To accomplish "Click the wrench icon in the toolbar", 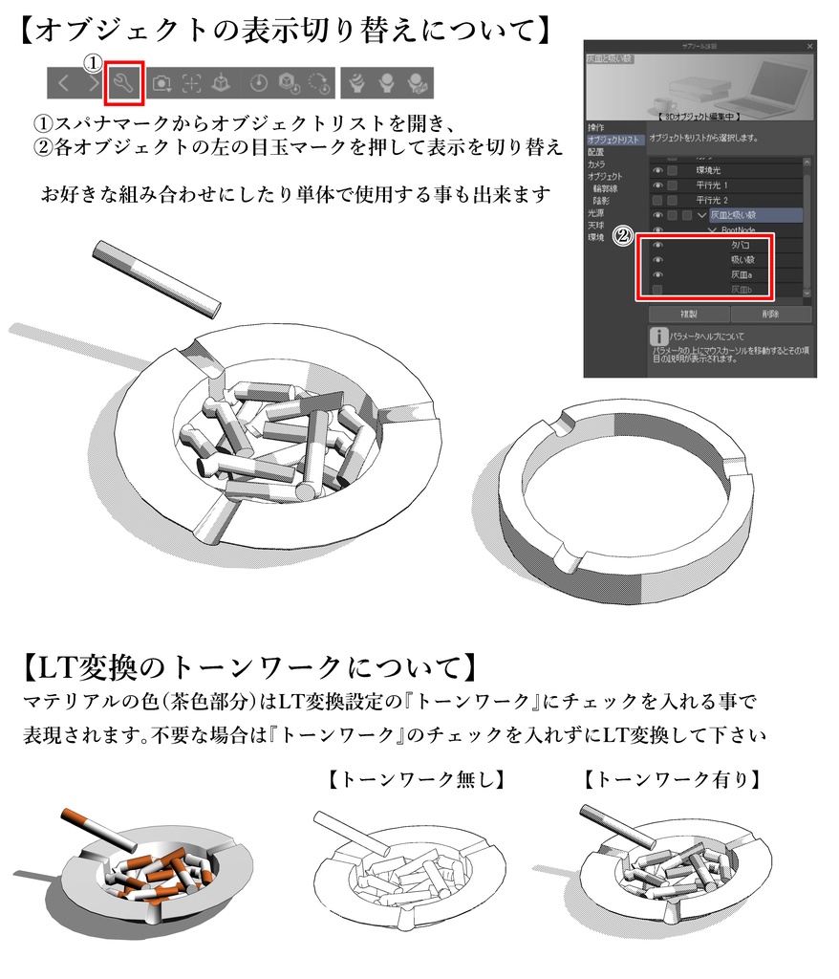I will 124,83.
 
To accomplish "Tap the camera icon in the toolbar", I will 161,83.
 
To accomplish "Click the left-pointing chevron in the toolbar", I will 64,83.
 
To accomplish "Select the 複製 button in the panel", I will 688,314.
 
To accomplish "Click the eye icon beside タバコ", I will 657,245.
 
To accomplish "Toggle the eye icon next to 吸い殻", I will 657,259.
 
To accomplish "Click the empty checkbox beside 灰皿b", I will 657,289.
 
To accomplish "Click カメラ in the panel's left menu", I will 596,164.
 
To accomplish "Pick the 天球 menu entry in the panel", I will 596,225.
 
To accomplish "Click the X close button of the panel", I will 809,46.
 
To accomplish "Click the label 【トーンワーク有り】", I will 672,780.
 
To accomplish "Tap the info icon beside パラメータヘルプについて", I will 657,337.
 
